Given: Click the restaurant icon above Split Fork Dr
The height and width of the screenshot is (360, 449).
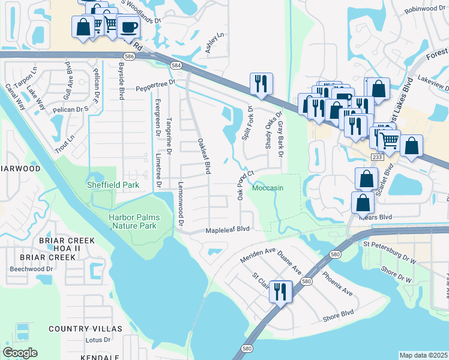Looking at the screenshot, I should (261, 83).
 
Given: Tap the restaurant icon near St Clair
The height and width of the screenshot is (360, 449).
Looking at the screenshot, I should (280, 292).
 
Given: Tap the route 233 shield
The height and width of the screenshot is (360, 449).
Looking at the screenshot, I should (376, 156).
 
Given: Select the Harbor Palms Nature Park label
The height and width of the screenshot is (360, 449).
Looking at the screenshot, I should (133, 221).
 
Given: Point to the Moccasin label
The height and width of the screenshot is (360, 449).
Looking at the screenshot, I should (267, 188).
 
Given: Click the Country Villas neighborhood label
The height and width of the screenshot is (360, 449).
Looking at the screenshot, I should (85, 329).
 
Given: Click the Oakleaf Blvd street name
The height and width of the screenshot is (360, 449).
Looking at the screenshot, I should (204, 156).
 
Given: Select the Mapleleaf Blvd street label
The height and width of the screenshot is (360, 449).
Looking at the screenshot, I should (228, 229).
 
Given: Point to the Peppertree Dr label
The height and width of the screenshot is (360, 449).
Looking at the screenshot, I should (155, 83).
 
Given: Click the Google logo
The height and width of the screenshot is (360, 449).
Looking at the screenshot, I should (20, 353).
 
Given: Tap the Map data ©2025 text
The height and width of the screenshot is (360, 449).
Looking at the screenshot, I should (423, 355).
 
